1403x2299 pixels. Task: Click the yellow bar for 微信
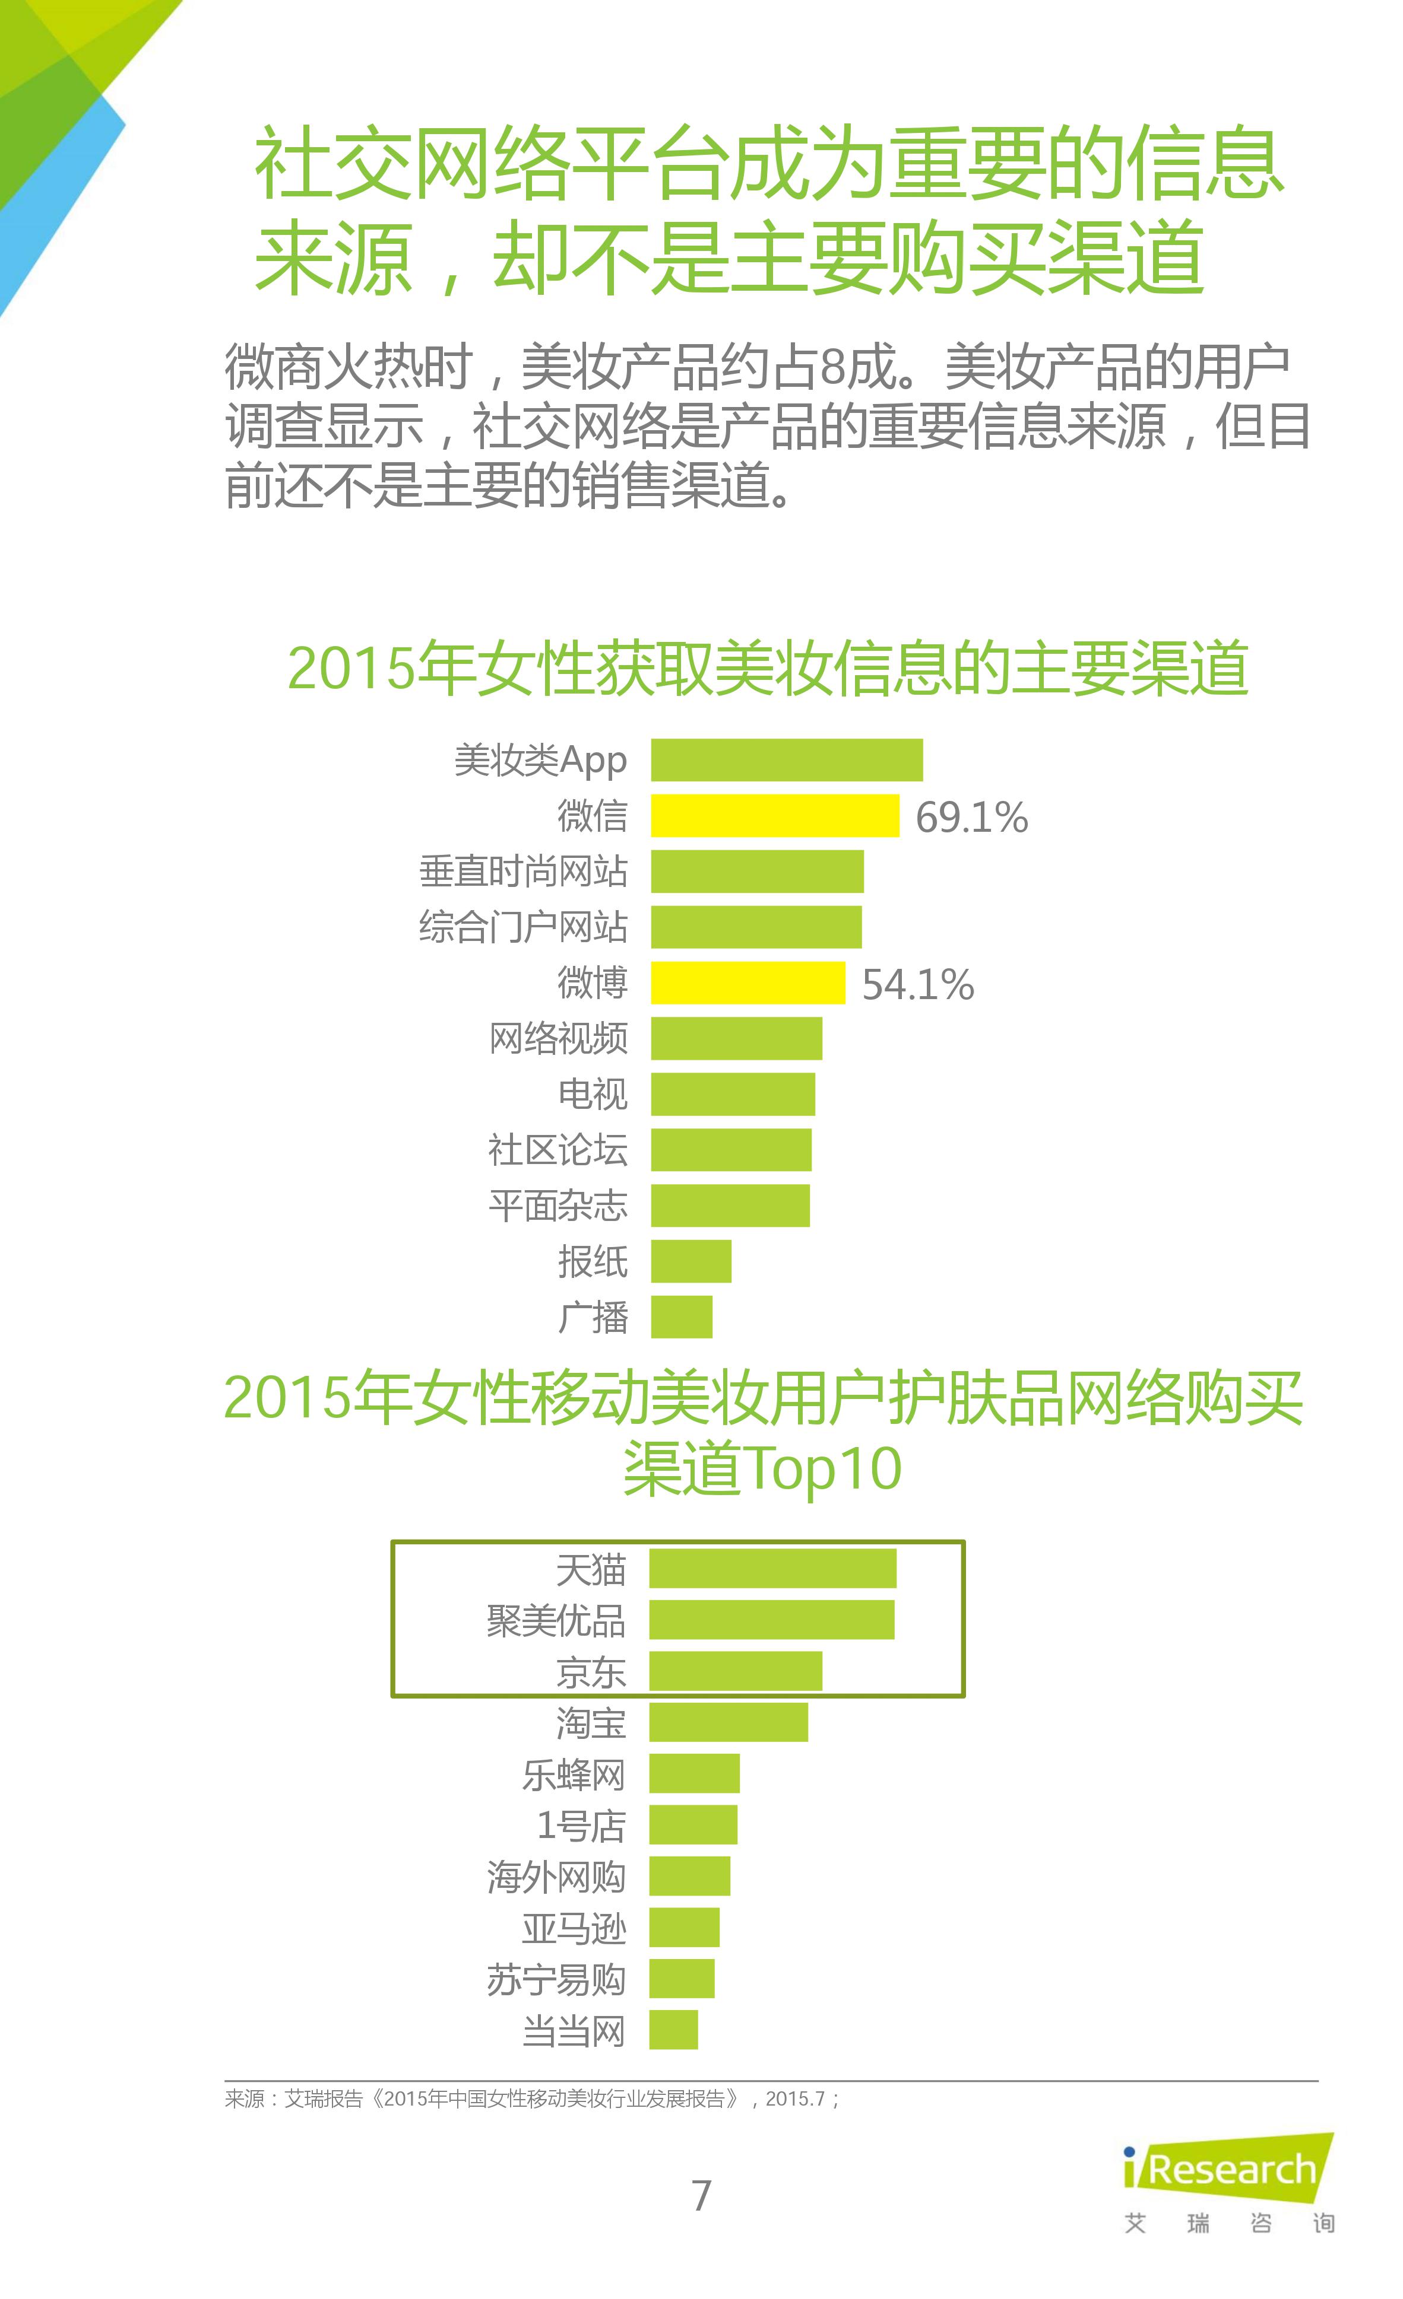[775, 815]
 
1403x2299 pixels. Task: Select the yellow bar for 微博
[748, 982]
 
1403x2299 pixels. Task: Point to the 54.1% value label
[917, 984]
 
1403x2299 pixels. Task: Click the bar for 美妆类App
[787, 759]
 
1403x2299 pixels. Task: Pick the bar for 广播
[682, 1317]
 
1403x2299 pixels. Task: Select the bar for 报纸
[691, 1261]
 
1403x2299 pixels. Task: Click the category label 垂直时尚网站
[522, 872]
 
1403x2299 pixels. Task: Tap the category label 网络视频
[558, 1038]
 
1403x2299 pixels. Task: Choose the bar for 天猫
[773, 1569]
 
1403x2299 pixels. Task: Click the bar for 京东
[736, 1671]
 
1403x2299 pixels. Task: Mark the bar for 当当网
[673, 2030]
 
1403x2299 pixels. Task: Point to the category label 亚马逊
[573, 1928]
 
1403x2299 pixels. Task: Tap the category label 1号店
[581, 1825]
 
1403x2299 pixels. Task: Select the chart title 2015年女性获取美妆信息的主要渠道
[767, 668]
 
